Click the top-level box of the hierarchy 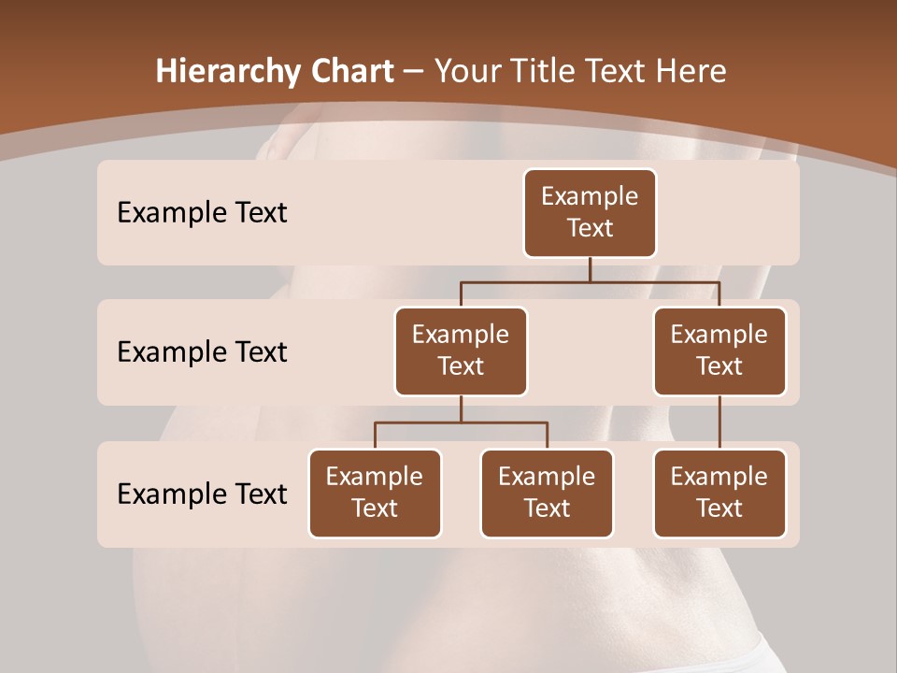coord(590,212)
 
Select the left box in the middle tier coord(461,351)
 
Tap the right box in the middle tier coord(719,351)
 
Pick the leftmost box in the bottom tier coord(375,493)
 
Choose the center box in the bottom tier coord(547,493)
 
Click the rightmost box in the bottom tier coord(719,493)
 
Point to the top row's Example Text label coord(202,213)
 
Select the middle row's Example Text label coord(202,352)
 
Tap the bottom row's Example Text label coord(202,494)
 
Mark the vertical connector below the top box coord(590,269)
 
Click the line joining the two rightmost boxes coord(719,422)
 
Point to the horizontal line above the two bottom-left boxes coord(461,422)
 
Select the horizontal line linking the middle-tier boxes coord(590,281)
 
